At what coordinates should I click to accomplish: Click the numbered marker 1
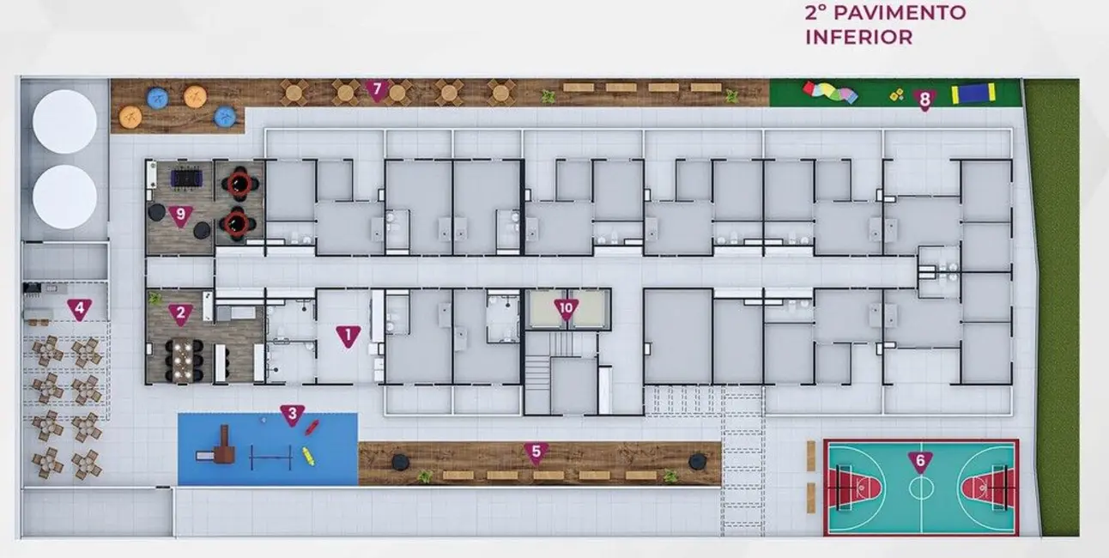pyautogui.click(x=348, y=337)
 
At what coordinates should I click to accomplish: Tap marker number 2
pyautogui.click(x=180, y=314)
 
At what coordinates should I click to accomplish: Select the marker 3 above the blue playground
pyautogui.click(x=292, y=415)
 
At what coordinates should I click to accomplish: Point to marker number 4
pyautogui.click(x=79, y=309)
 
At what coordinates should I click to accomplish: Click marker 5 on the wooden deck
pyautogui.click(x=536, y=453)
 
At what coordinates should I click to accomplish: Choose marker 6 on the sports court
pyautogui.click(x=920, y=462)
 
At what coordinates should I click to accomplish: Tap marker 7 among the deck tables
pyautogui.click(x=378, y=91)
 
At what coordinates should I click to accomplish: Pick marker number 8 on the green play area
pyautogui.click(x=924, y=100)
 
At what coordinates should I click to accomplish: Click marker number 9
pyautogui.click(x=180, y=215)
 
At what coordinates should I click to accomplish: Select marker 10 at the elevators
pyautogui.click(x=566, y=309)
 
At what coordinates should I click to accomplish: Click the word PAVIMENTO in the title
pyautogui.click(x=900, y=13)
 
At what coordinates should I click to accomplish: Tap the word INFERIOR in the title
pyautogui.click(x=859, y=37)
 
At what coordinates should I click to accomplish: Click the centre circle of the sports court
pyautogui.click(x=921, y=488)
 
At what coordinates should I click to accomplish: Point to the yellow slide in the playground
pyautogui.click(x=308, y=457)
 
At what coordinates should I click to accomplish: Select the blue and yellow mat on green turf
pyautogui.click(x=973, y=94)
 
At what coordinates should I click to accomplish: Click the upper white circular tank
pyautogui.click(x=64, y=121)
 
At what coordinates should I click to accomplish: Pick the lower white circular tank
pyautogui.click(x=64, y=197)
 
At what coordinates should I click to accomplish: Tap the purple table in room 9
pyautogui.click(x=186, y=179)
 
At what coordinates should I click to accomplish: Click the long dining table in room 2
pyautogui.click(x=183, y=361)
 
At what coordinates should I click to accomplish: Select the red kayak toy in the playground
pyautogui.click(x=312, y=428)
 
